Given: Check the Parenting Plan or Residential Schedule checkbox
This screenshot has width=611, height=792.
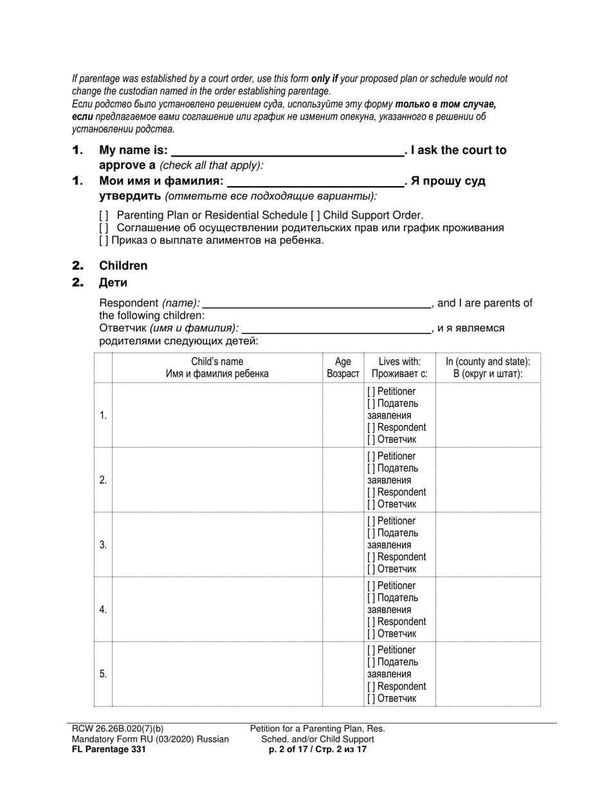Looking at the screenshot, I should [x=104, y=216].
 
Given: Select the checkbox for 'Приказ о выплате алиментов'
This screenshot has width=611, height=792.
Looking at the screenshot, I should [x=104, y=241].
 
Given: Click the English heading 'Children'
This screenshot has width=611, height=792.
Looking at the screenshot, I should [x=123, y=266].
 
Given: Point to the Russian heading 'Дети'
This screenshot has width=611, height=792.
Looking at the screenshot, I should [x=113, y=283].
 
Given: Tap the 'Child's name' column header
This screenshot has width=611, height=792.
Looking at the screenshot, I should [x=217, y=368].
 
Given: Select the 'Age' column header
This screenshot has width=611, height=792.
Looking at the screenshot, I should [x=343, y=368].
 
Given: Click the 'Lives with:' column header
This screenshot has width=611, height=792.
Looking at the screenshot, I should [x=399, y=368].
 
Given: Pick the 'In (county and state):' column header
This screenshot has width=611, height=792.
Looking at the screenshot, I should [x=488, y=368].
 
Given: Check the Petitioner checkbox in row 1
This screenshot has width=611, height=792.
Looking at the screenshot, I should [x=372, y=391].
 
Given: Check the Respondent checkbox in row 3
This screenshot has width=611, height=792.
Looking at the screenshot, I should [x=372, y=557].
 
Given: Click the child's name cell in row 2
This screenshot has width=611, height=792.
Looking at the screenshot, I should [x=217, y=480].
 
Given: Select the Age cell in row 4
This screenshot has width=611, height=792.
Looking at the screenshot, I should [x=343, y=610].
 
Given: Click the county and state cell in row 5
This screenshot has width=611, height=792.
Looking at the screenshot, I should [x=488, y=674].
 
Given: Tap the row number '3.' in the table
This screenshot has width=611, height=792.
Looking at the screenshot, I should [x=103, y=545].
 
